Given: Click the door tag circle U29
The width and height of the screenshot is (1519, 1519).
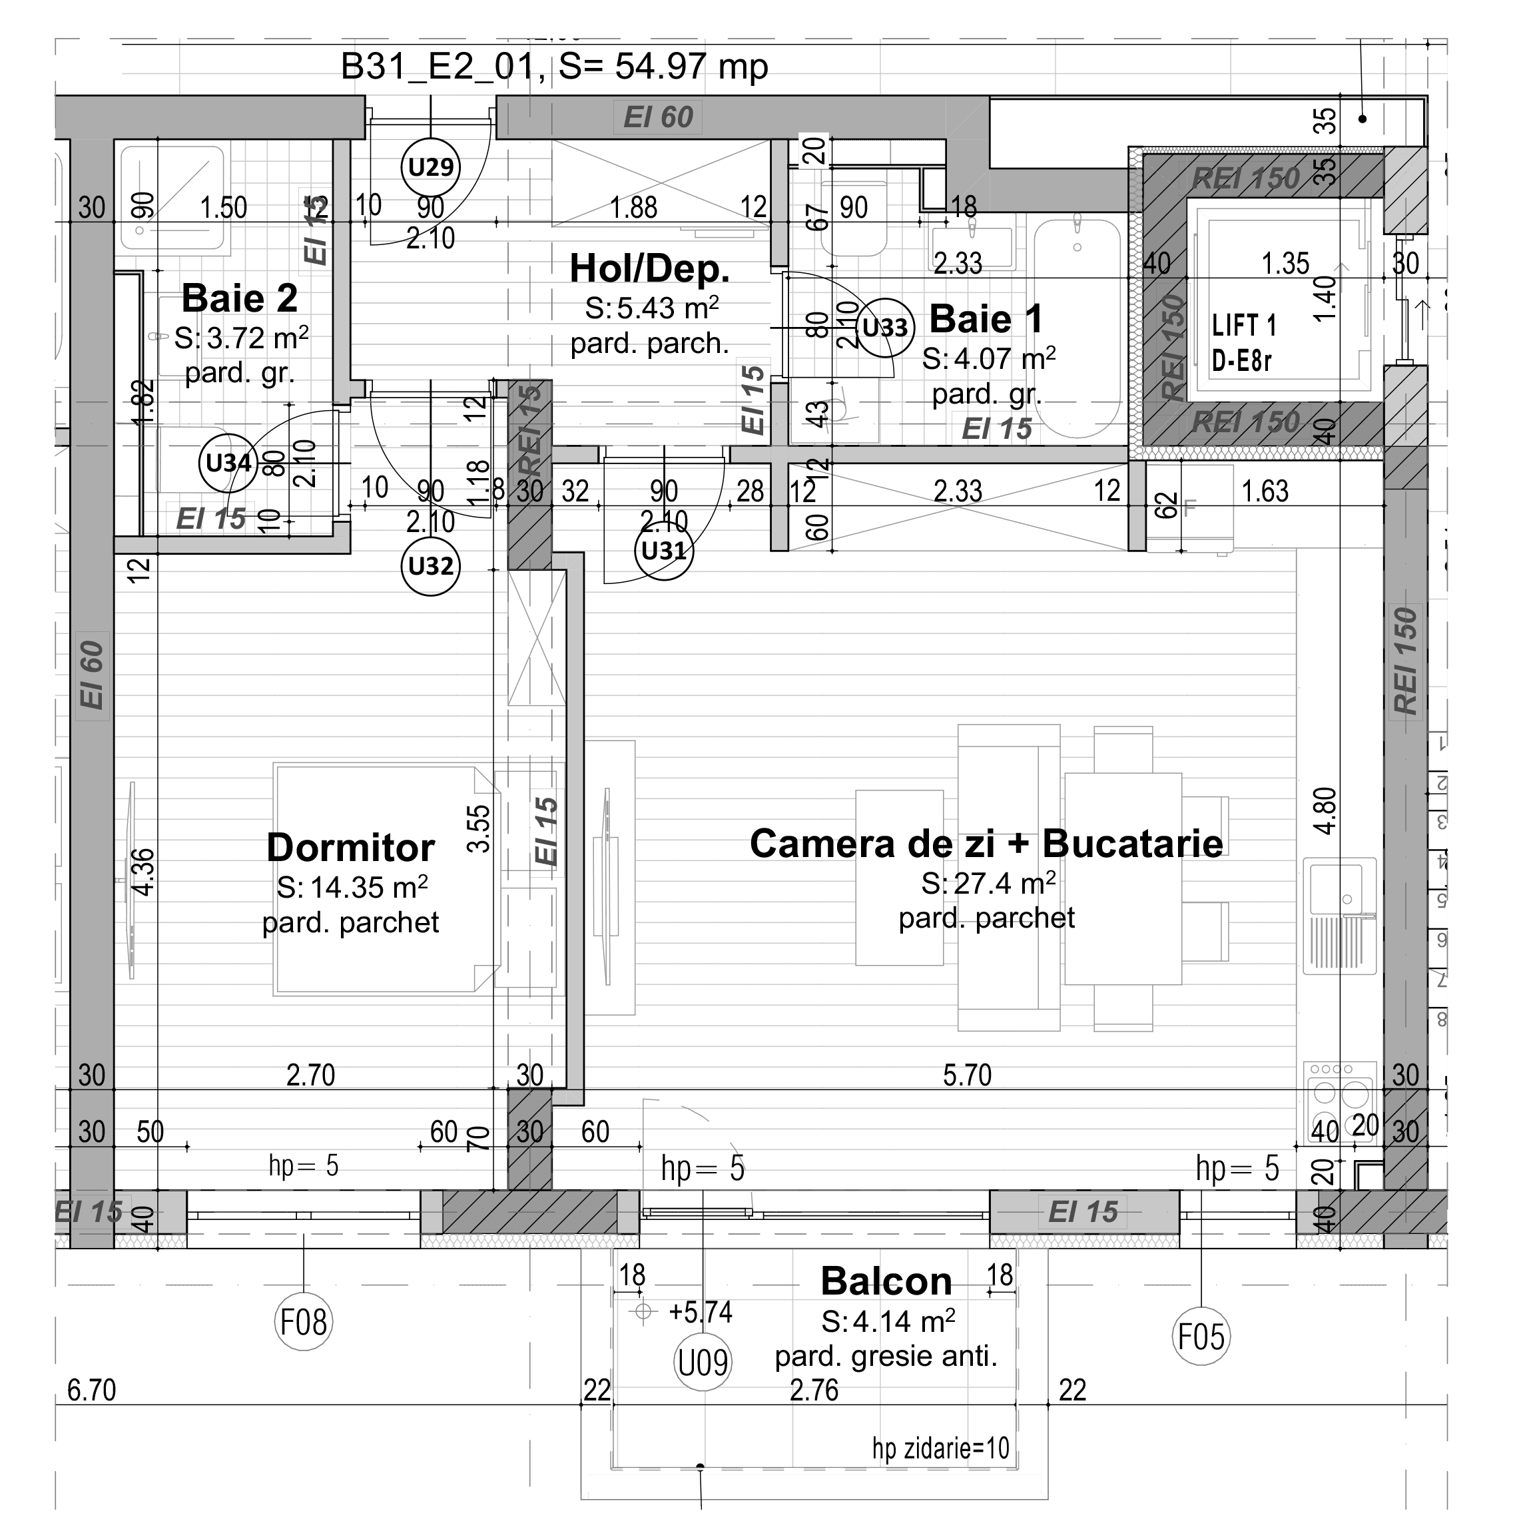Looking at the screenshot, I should click(430, 166).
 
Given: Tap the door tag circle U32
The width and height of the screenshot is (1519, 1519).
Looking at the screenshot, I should click(430, 565).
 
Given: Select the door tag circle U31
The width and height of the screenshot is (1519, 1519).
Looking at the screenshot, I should click(663, 550).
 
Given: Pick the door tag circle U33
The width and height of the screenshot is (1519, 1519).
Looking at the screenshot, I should click(884, 327).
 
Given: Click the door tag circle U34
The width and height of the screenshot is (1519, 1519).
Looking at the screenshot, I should click(228, 462).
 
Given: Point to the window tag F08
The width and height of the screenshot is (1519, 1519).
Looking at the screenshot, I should click(304, 1322).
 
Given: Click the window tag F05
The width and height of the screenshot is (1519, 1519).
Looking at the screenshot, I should click(1200, 1336).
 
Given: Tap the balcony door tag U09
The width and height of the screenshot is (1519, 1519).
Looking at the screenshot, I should click(703, 1363).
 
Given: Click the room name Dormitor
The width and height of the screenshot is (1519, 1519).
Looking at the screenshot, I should click(351, 848).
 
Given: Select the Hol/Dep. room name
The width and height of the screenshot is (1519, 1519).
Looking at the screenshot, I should click(649, 269).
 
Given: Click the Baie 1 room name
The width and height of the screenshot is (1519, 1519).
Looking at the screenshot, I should click(986, 319).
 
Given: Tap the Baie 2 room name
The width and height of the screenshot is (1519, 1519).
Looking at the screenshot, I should click(240, 299).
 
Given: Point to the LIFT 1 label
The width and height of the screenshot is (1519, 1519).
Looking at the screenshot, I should click(1244, 326).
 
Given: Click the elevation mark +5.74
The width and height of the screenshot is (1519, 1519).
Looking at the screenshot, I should click(700, 1311).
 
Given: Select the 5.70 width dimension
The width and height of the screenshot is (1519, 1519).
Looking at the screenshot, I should click(967, 1075).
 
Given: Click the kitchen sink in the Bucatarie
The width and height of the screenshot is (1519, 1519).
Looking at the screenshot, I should click(1340, 912).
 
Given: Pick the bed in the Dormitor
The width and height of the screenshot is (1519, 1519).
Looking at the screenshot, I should click(386, 879).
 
